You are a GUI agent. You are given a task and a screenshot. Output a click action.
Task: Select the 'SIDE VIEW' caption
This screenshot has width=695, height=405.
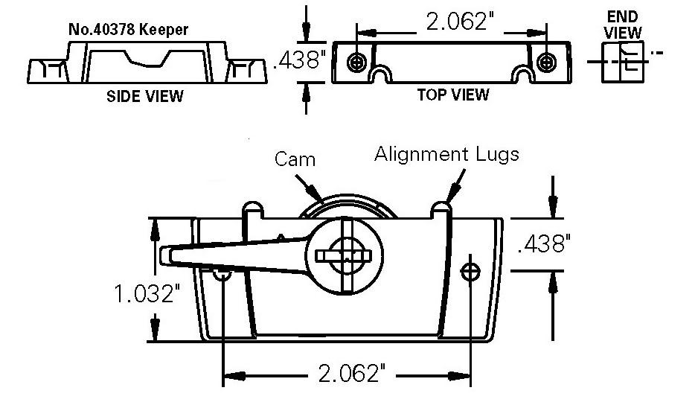[145, 96]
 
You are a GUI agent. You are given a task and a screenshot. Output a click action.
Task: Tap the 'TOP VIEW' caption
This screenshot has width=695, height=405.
[452, 95]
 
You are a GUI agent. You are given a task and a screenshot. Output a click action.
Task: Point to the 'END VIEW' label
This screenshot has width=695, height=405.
[623, 25]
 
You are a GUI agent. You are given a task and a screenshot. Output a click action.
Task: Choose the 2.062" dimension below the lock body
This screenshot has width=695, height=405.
[347, 372]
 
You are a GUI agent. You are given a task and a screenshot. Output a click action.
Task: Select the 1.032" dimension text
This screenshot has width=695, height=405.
[147, 296]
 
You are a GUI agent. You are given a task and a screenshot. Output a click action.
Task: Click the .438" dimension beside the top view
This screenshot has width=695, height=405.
[300, 61]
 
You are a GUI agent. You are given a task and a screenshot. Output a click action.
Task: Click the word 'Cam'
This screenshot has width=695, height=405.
[295, 159]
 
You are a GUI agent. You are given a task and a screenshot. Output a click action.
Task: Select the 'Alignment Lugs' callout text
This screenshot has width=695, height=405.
[446, 154]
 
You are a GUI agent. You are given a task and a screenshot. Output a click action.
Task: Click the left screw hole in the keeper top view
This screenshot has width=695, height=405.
[359, 62]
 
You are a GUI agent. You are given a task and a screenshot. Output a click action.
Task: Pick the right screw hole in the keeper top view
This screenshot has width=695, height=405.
[548, 62]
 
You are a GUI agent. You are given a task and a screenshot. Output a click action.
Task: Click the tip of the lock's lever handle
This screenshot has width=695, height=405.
[167, 254]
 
